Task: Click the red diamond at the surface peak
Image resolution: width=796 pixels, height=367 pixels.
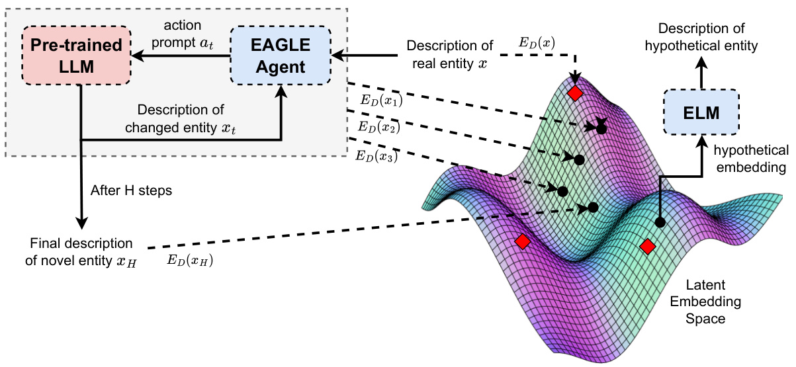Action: click(x=575, y=93)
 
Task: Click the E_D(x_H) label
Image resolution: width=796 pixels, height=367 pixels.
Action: click(x=191, y=261)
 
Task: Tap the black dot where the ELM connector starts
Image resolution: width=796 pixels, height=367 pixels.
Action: click(x=659, y=223)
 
